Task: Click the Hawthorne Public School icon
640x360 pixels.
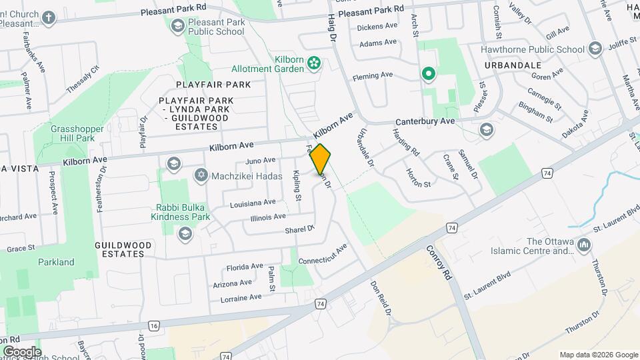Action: (x=595, y=49)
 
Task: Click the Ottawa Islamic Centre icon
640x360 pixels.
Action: (x=585, y=246)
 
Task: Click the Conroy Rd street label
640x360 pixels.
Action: (x=439, y=261)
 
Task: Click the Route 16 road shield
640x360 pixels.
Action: (x=154, y=325)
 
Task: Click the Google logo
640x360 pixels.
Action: (x=21, y=351)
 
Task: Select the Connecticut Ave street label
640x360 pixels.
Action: (x=323, y=254)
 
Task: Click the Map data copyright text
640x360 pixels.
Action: (x=598, y=355)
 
